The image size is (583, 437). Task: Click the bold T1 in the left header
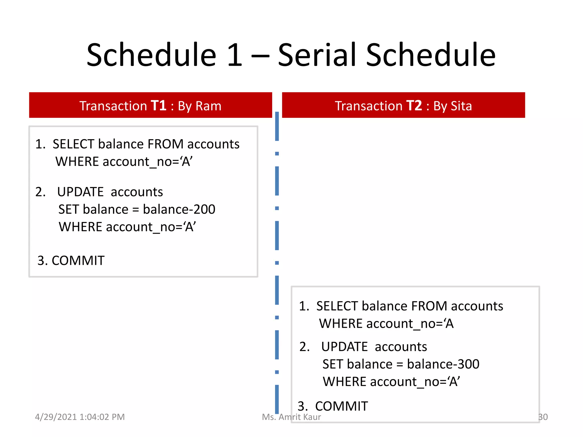158,106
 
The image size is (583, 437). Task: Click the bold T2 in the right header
414,106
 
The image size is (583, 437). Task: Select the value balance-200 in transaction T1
179,209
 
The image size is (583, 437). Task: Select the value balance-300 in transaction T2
443,364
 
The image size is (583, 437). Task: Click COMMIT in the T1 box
78,261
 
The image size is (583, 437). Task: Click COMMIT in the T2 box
341,406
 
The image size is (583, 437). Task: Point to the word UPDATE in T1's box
80,192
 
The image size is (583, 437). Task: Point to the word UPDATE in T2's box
344,347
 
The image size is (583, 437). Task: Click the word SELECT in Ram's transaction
73,144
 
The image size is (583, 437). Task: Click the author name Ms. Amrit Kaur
291,417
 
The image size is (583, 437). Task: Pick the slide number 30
543,417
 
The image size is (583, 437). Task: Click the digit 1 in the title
235,55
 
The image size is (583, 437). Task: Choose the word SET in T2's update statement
333,364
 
